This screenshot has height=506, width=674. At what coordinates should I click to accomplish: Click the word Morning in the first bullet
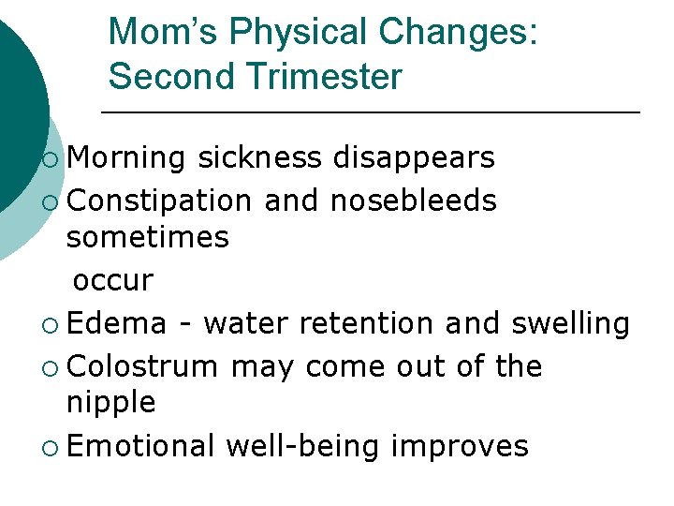(x=126, y=158)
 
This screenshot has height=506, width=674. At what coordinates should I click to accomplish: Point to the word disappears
(x=414, y=158)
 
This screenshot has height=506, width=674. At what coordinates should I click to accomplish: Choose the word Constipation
(x=159, y=200)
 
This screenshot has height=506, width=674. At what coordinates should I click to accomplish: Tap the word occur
(x=112, y=280)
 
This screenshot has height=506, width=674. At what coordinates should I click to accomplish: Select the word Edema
(x=117, y=322)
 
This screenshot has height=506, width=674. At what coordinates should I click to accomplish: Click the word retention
(x=367, y=322)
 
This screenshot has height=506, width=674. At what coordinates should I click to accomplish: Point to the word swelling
(x=570, y=322)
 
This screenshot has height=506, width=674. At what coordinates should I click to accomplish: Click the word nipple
(x=111, y=404)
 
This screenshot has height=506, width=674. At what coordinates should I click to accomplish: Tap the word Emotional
(x=141, y=445)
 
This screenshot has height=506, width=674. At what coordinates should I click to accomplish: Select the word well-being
(x=302, y=445)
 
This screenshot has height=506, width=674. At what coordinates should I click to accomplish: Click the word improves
(x=460, y=445)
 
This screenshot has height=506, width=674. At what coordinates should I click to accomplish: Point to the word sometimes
(x=148, y=239)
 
